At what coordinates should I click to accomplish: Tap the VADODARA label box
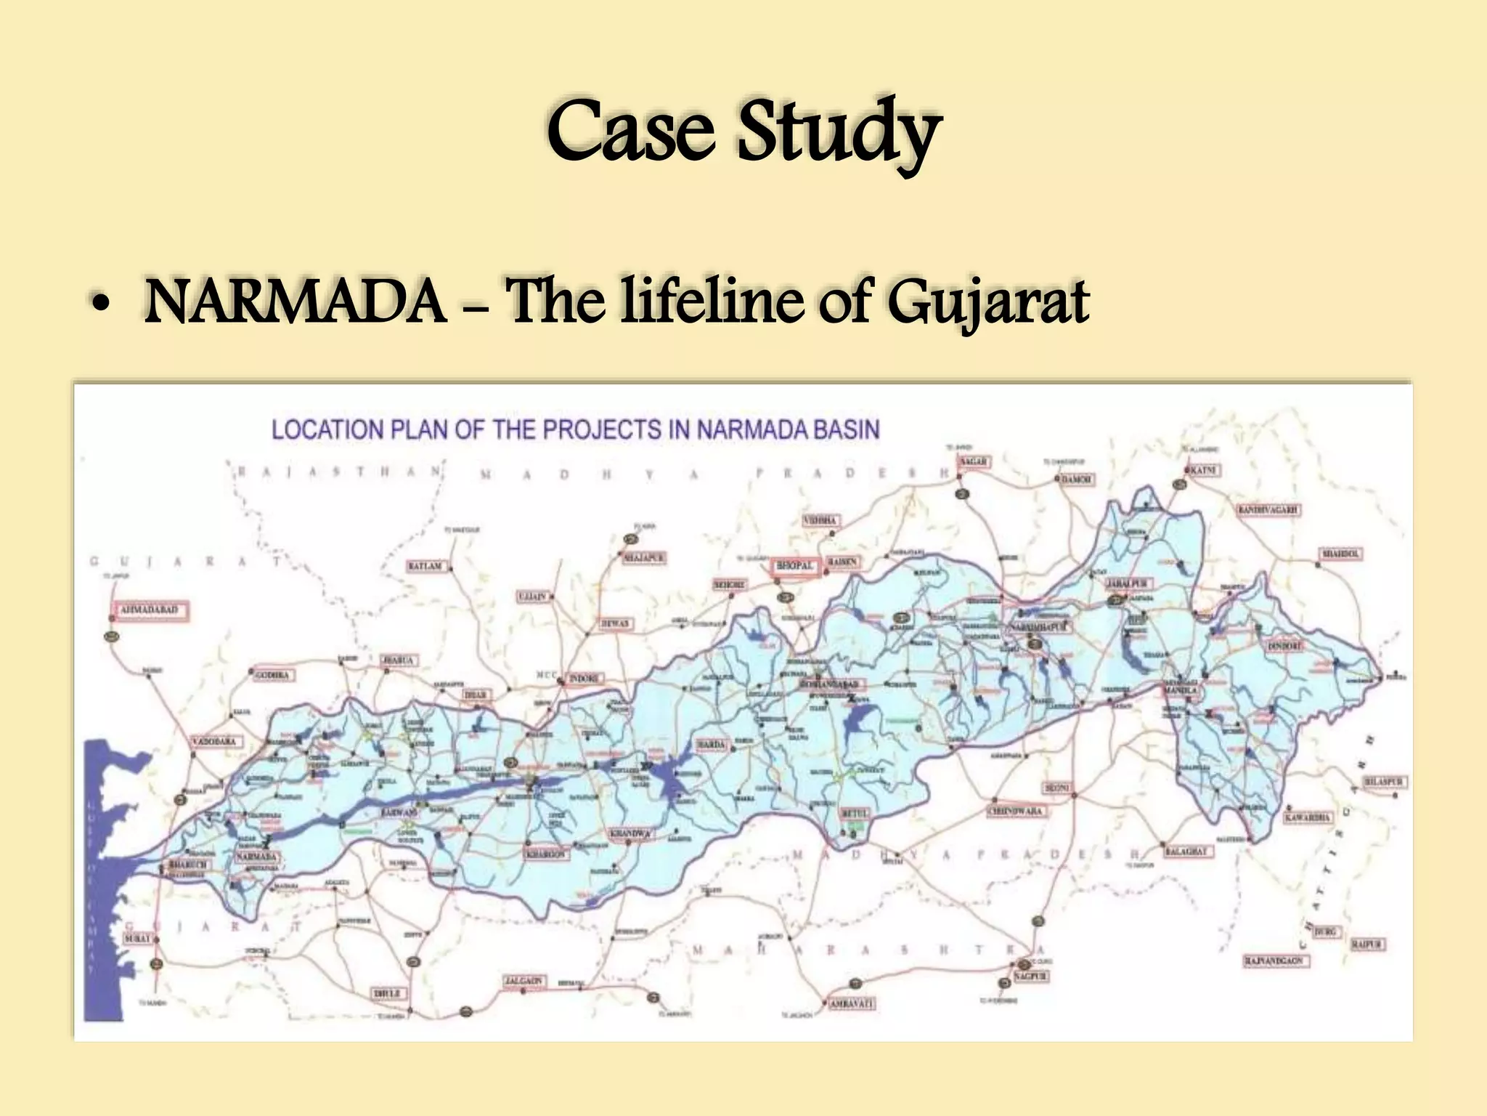213,742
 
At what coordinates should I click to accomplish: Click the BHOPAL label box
795,566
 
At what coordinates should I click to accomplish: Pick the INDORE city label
584,678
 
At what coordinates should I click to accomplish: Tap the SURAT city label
137,938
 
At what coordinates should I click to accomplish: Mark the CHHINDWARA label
1015,811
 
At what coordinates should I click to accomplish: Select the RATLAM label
425,565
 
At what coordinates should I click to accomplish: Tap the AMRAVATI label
852,1003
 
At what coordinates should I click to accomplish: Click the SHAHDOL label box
1341,554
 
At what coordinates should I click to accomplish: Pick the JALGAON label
523,981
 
